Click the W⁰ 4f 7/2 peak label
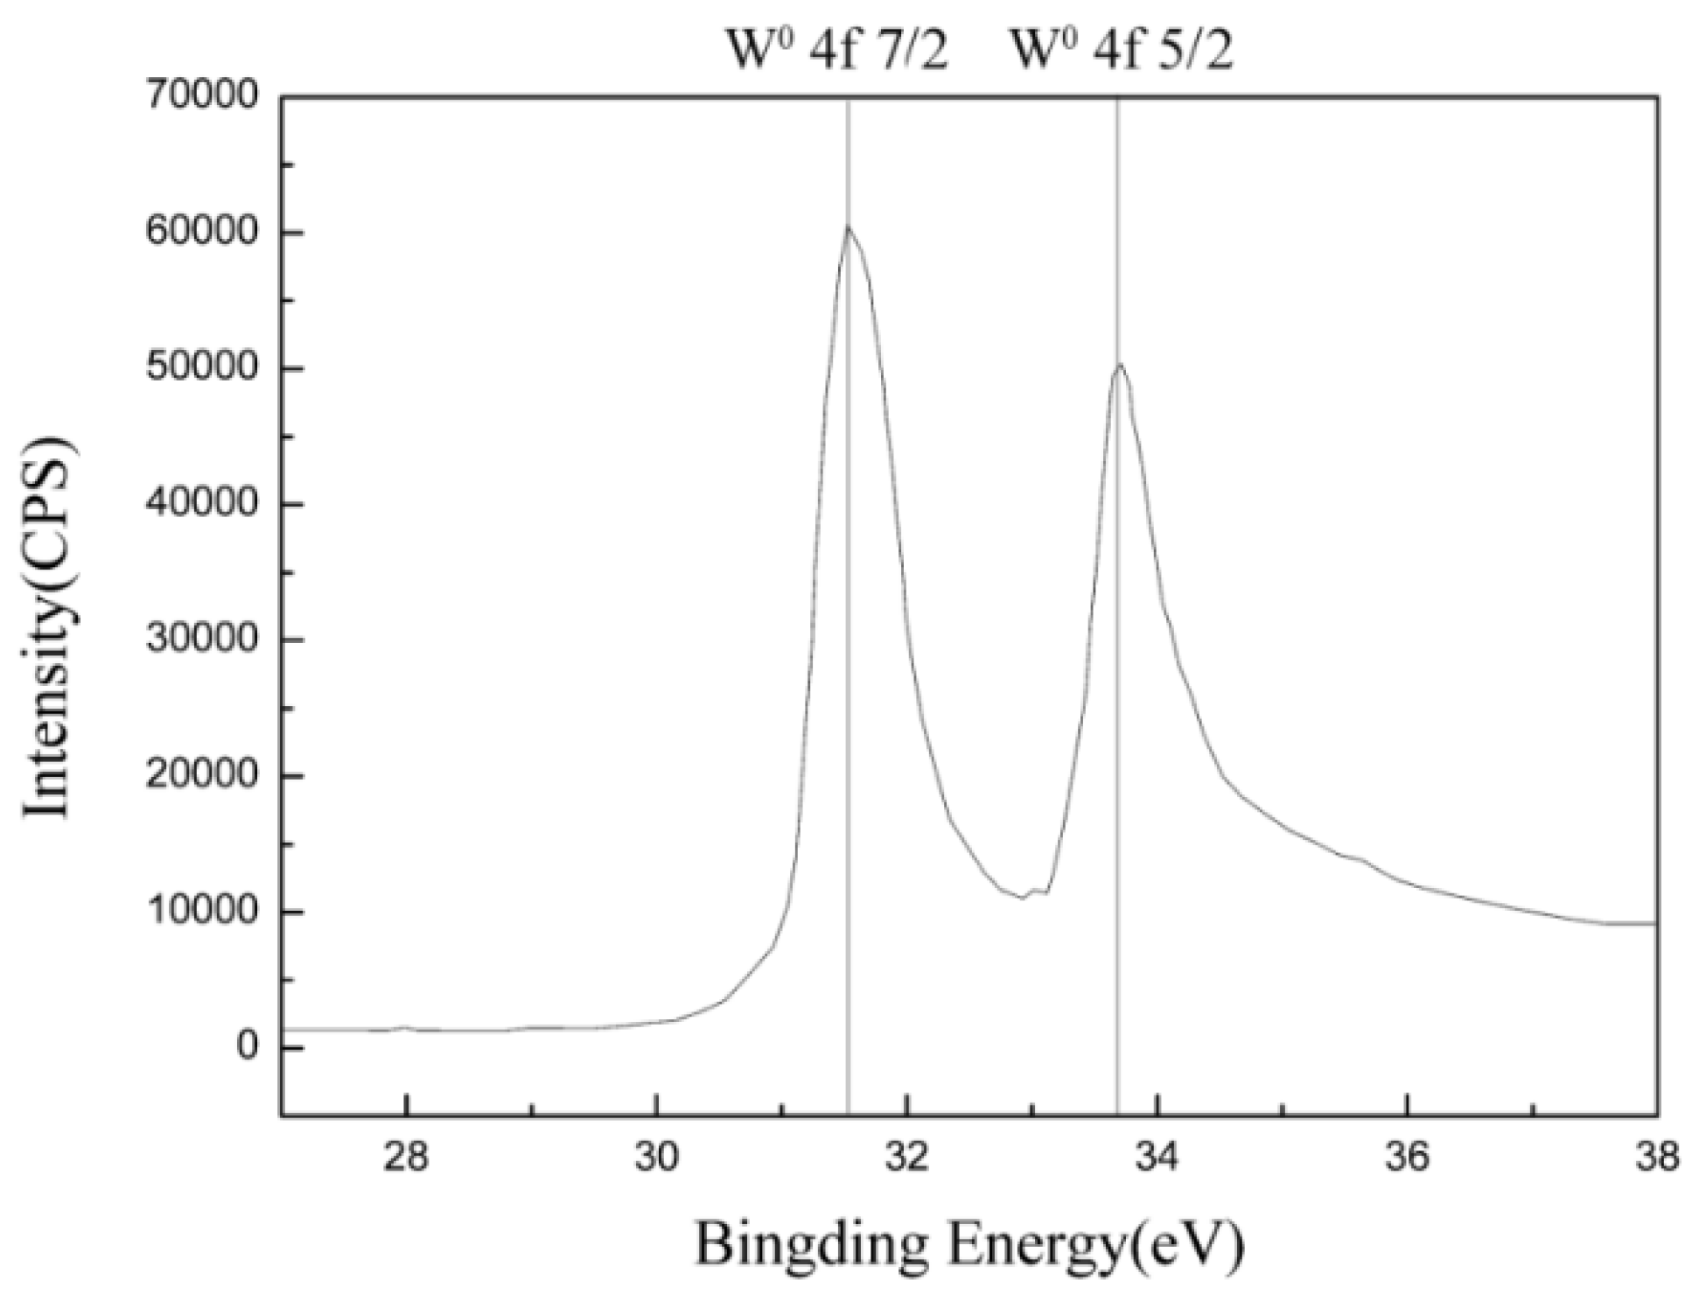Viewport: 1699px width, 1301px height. (837, 51)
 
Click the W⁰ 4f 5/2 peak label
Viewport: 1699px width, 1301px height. (1122, 51)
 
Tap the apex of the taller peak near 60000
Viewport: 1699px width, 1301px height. (847, 227)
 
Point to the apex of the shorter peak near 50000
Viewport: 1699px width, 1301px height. (1118, 363)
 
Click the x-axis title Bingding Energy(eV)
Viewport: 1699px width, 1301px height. (968, 1243)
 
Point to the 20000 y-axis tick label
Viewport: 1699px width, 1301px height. (202, 775)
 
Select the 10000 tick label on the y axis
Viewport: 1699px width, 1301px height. (202, 912)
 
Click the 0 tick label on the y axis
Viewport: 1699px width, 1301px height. (248, 1047)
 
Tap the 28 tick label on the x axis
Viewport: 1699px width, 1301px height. (406, 1157)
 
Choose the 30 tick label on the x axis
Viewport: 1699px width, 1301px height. (656, 1157)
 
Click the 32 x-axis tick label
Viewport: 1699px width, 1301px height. (907, 1157)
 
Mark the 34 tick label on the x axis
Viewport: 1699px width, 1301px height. (1157, 1157)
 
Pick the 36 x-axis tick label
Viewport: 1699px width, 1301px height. (1408, 1157)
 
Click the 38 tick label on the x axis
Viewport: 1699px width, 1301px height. (1657, 1157)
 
